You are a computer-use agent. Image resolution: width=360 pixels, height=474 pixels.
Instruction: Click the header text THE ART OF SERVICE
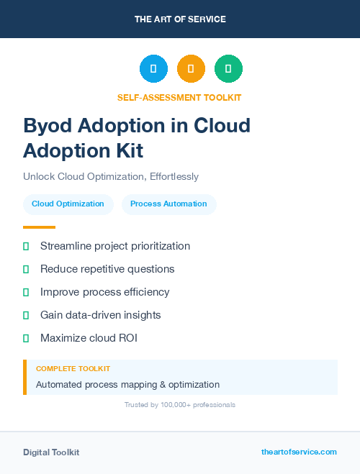coord(180,19)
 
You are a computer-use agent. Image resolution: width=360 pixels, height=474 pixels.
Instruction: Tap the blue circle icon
coord(153,68)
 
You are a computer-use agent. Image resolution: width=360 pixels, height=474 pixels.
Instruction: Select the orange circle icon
coord(191,68)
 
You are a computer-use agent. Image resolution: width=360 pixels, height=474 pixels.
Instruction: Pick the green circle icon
coord(228,68)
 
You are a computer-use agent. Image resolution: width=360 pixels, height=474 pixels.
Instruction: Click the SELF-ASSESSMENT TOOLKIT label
coord(179,97)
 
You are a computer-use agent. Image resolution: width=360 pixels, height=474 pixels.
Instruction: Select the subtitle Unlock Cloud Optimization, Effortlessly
coord(110,176)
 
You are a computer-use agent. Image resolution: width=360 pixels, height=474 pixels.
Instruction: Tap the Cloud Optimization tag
coord(68,204)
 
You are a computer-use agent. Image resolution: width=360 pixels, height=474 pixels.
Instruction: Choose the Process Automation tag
coord(168,204)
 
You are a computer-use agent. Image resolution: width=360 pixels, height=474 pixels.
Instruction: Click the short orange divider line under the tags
coord(39,227)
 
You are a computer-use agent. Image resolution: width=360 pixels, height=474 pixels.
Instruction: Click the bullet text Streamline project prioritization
coord(115,246)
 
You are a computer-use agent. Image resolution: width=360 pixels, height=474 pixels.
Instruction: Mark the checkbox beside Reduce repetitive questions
coord(26,269)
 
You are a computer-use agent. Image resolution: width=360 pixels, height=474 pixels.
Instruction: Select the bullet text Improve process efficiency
coord(105,292)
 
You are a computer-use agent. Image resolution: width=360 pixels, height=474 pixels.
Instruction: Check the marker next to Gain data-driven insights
coord(26,315)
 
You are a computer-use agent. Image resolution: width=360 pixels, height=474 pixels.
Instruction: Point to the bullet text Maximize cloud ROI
coord(89,338)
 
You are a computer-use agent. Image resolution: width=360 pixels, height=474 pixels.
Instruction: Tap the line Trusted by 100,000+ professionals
coord(180,405)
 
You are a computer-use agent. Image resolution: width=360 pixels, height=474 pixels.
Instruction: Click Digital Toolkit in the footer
coord(51,452)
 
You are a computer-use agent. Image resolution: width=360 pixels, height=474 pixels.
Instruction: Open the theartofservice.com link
coord(299,452)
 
